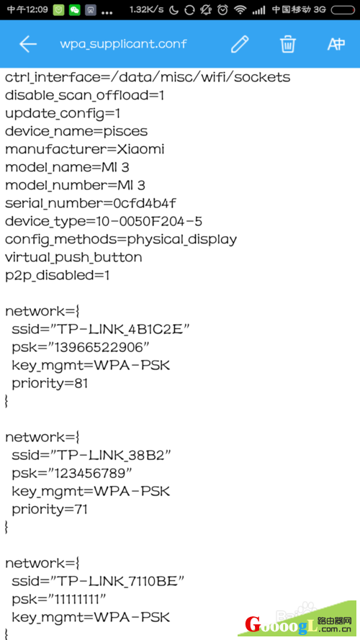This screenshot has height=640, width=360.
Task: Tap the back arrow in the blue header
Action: tap(28, 44)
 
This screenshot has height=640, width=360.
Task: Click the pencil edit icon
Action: tap(240, 44)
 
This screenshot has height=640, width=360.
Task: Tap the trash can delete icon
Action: tap(288, 44)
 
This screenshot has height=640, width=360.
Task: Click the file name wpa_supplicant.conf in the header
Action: tap(123, 44)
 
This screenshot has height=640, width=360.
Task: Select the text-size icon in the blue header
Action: tap(336, 44)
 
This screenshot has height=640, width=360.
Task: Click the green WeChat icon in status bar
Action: tap(75, 10)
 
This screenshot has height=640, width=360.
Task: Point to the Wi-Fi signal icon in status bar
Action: tap(240, 10)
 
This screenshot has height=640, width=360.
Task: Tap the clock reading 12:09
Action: tap(27, 10)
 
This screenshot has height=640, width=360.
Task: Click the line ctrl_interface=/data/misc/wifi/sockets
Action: tap(148, 78)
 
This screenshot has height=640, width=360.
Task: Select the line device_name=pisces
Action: tap(76, 132)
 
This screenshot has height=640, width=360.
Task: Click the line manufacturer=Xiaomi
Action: tap(84, 150)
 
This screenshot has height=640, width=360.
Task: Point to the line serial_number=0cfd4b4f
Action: tap(91, 203)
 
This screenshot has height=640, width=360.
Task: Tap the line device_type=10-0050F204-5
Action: tap(104, 221)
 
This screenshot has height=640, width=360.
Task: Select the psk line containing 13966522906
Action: tap(81, 347)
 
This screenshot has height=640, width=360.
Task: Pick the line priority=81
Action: tap(50, 383)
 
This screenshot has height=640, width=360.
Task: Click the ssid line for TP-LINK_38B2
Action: tap(91, 455)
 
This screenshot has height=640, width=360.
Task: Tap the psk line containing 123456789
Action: tap(72, 473)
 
